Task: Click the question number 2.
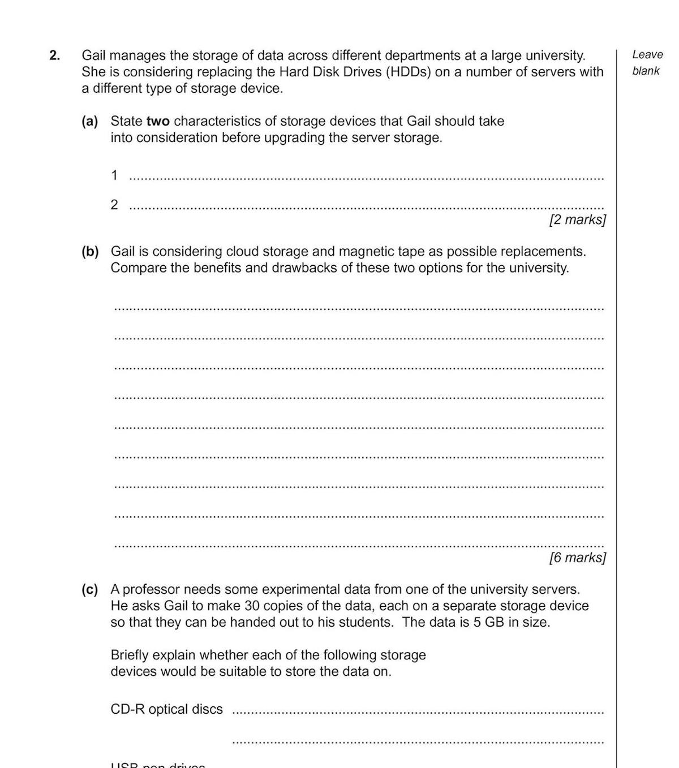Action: (x=54, y=55)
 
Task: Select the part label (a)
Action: (x=89, y=121)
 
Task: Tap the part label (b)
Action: (x=89, y=251)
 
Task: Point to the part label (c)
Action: (x=89, y=589)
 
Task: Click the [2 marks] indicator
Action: (x=577, y=219)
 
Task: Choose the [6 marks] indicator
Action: (x=577, y=558)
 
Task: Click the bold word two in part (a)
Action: (x=158, y=121)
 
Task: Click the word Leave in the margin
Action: (x=647, y=55)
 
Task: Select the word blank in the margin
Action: (x=646, y=71)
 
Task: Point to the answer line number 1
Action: (x=114, y=175)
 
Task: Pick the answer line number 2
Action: (x=114, y=205)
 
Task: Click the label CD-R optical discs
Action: (x=166, y=709)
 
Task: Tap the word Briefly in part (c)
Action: (x=130, y=655)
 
